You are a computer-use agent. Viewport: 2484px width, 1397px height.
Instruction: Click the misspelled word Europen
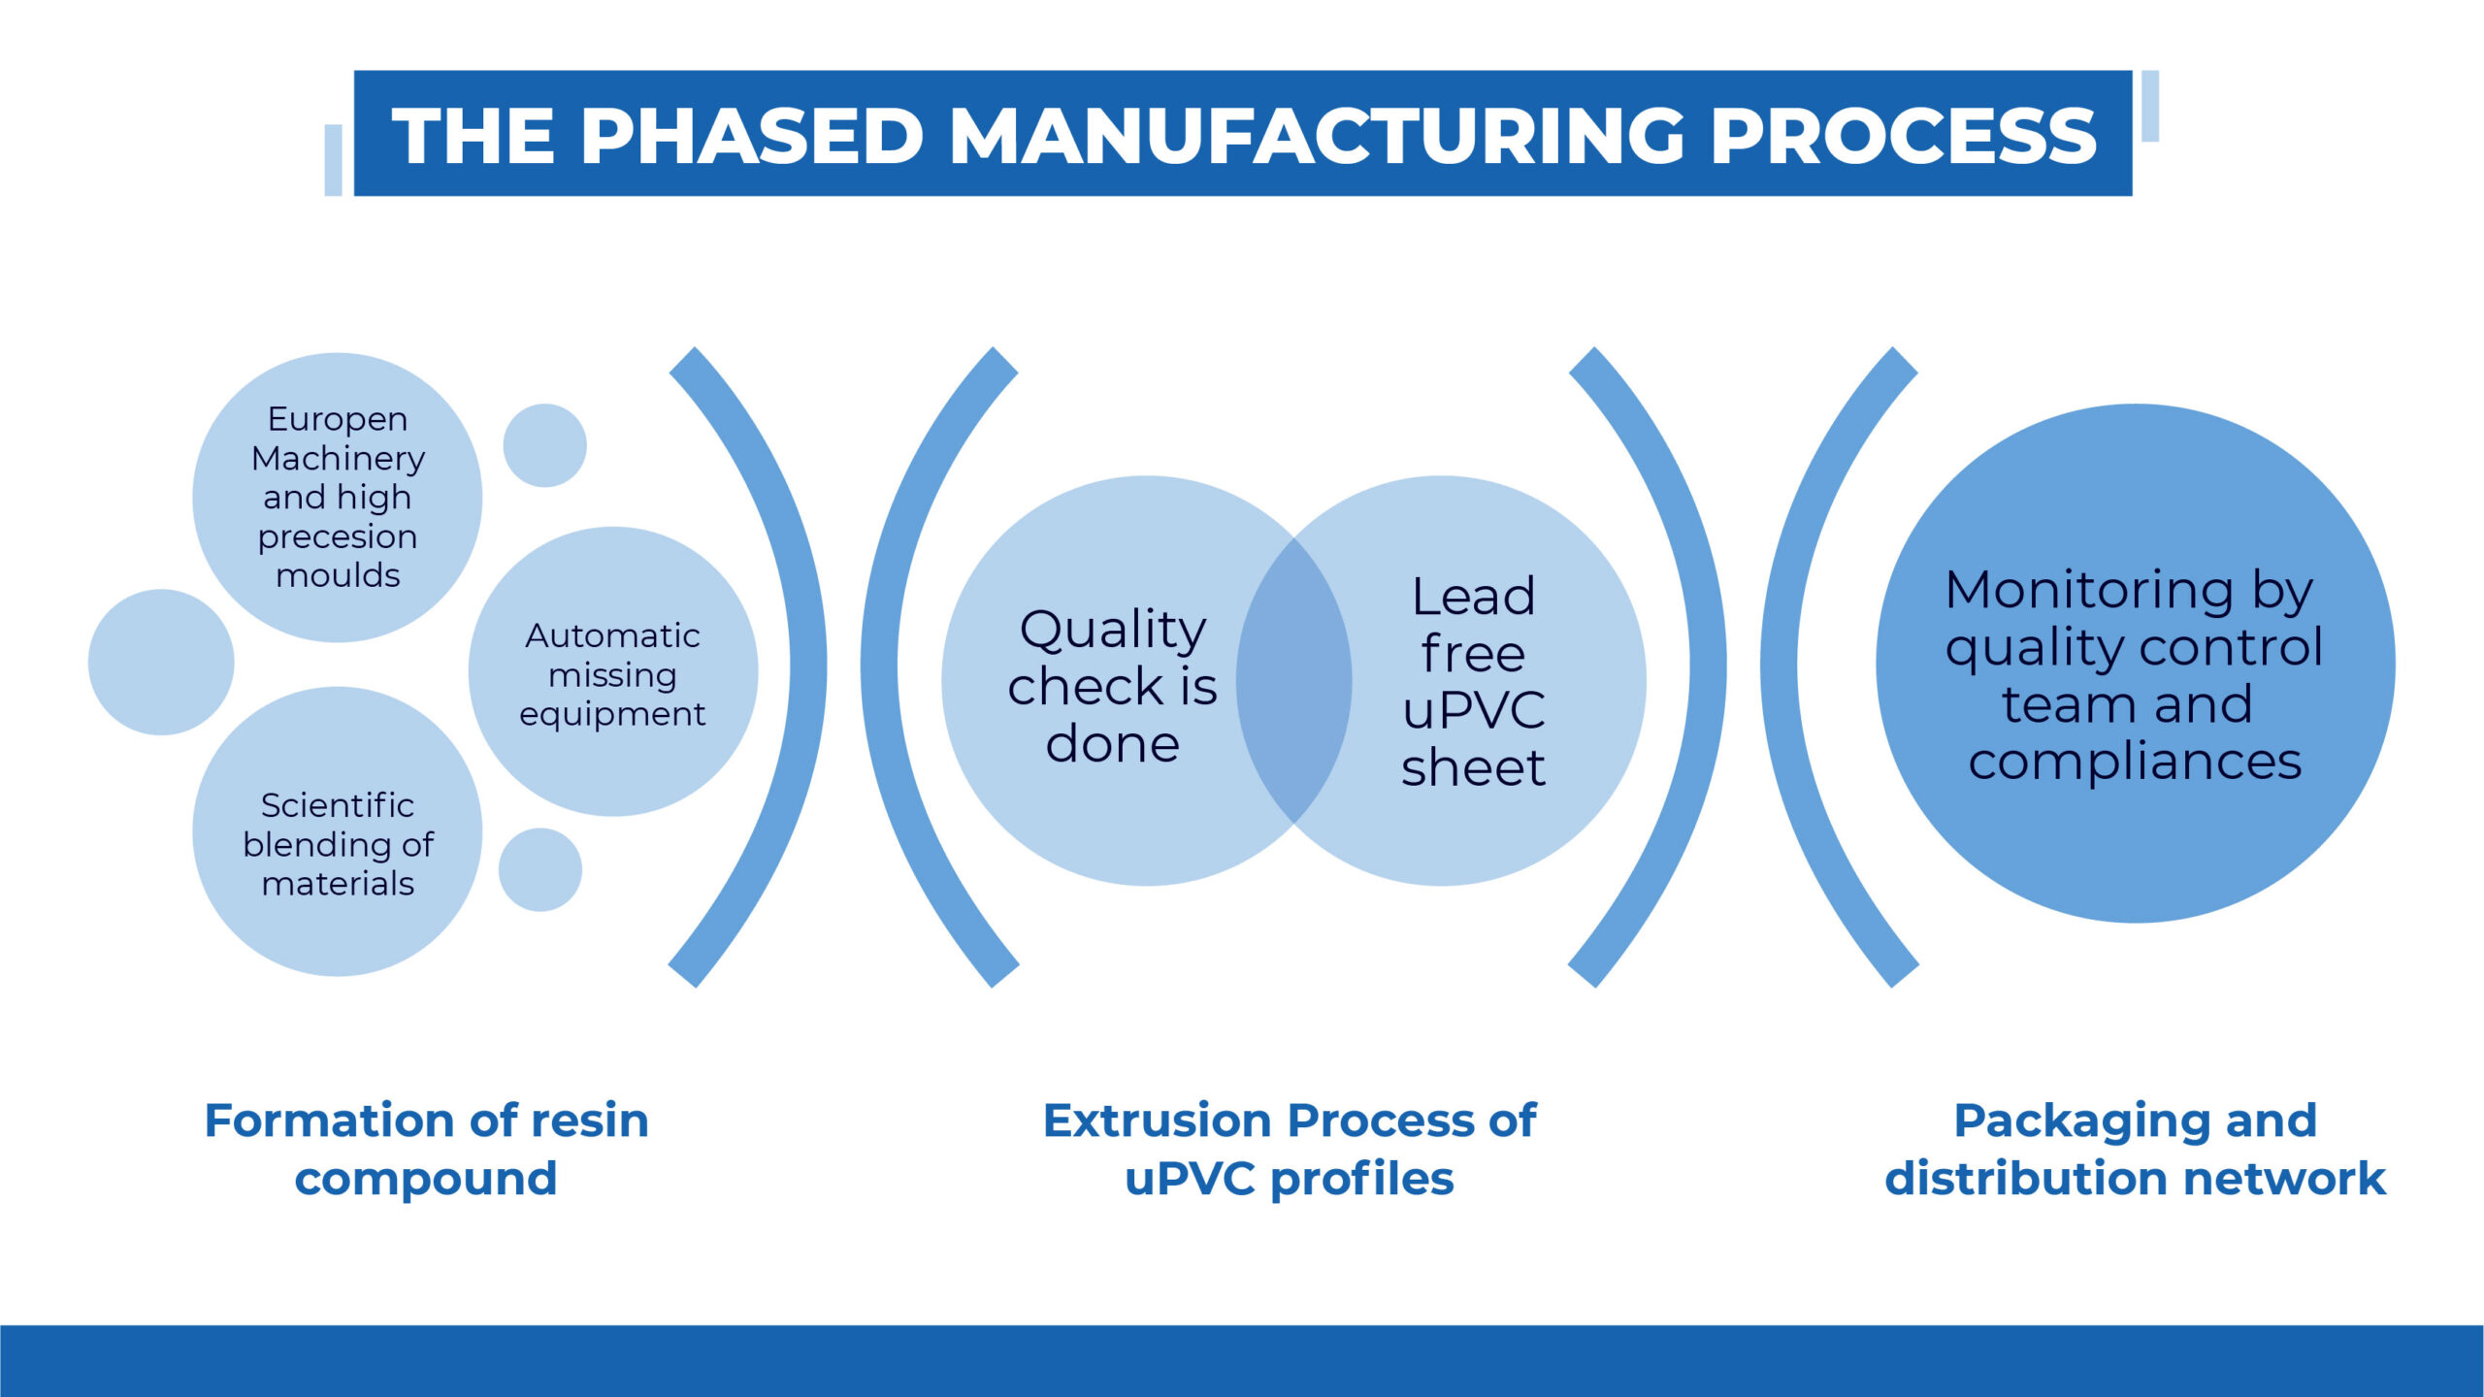(x=338, y=420)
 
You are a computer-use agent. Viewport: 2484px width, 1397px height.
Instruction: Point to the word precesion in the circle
(x=338, y=537)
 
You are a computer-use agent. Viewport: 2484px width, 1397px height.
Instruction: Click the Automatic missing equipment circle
(x=613, y=671)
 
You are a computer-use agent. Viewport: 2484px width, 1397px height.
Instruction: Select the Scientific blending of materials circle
(x=338, y=831)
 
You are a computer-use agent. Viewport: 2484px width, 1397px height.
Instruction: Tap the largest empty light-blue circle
(x=161, y=663)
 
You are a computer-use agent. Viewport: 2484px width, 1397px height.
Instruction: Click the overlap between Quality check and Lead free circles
(x=1293, y=680)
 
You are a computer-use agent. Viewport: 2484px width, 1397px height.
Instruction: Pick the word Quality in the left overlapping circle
(x=1113, y=632)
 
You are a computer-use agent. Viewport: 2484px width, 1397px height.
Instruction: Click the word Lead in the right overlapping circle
(x=1473, y=596)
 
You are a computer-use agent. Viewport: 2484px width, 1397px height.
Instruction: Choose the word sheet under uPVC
(x=1473, y=767)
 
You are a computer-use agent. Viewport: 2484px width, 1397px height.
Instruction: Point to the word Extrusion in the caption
(x=1155, y=1121)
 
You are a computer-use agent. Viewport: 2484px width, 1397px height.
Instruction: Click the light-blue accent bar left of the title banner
(x=333, y=160)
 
